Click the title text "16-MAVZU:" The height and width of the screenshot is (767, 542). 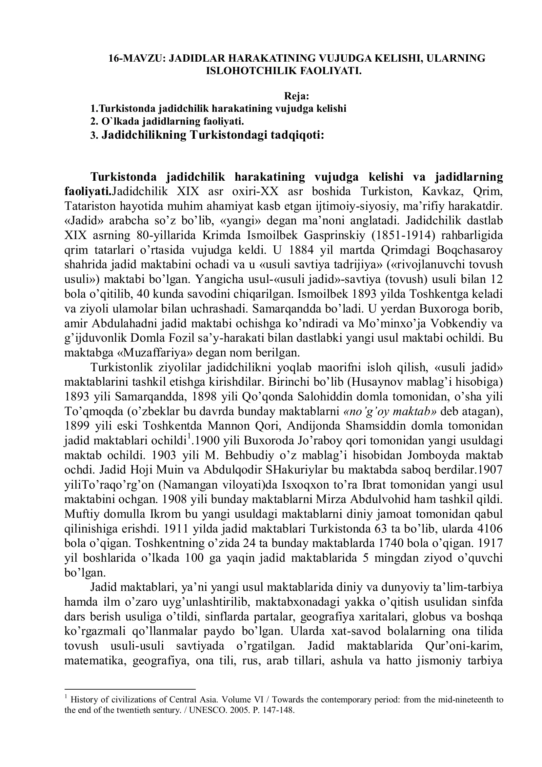point(137,58)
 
